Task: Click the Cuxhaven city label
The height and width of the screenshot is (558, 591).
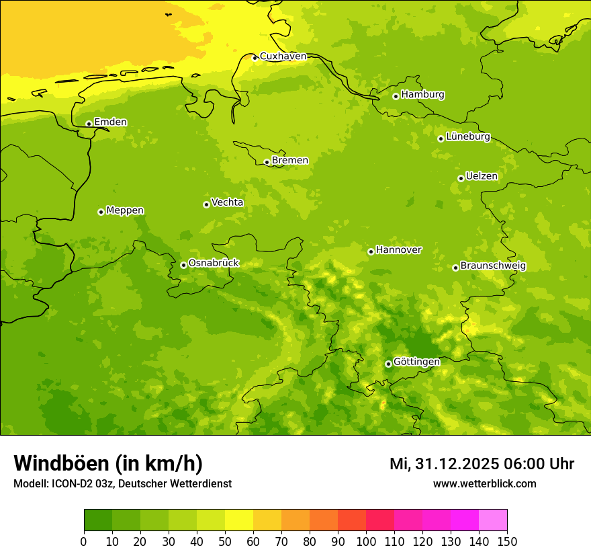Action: tap(283, 56)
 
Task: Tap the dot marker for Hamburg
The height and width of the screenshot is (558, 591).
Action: tap(396, 96)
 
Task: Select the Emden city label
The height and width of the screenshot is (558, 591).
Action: tap(110, 122)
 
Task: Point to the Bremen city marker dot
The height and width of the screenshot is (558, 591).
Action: tap(267, 162)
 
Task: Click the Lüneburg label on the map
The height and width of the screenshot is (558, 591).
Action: tap(468, 136)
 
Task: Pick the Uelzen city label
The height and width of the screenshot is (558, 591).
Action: tap(482, 176)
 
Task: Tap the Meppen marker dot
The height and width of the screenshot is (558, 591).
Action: tap(101, 212)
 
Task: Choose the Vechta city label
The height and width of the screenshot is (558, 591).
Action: tap(227, 202)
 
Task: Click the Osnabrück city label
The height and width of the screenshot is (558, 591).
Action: tap(214, 263)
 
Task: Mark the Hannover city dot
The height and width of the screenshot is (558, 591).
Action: tap(371, 251)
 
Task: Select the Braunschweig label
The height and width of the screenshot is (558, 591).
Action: tap(493, 266)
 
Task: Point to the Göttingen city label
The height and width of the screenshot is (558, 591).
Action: tap(416, 362)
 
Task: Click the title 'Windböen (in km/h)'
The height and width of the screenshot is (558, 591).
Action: tap(108, 463)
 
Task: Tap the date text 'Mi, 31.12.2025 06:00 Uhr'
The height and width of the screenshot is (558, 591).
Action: tap(482, 464)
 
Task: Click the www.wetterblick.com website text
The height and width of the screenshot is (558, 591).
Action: tap(484, 483)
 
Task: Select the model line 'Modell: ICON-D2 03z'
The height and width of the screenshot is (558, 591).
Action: tap(122, 483)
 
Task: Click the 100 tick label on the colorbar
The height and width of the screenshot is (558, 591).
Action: tap(366, 541)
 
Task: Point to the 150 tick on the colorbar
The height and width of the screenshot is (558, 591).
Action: tap(507, 541)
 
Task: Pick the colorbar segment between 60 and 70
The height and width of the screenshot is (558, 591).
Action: tap(267, 520)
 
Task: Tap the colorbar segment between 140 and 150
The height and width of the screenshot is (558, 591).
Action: tap(493, 520)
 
